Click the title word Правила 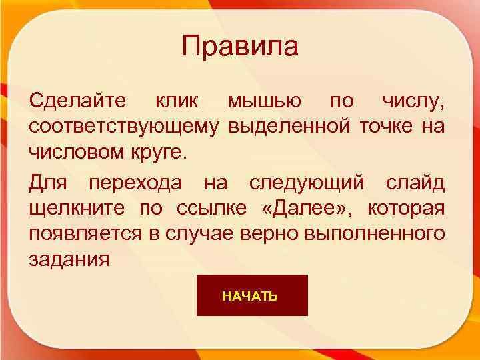240,47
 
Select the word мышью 264,102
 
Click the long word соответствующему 123,125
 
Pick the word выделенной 290,125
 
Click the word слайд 415,184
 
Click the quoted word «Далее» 305,208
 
